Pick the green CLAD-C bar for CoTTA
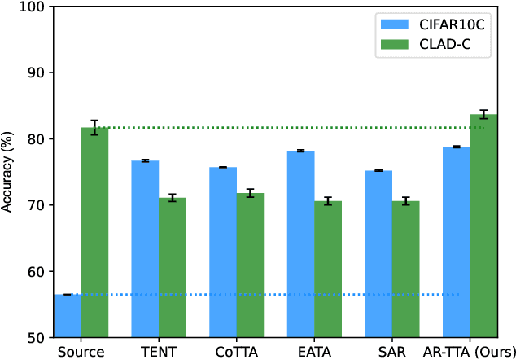pyautogui.click(x=250, y=265)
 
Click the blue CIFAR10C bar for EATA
pyautogui.click(x=300, y=244)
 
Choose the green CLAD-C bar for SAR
pyautogui.click(x=405, y=269)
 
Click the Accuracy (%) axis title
pyautogui.click(x=7, y=172)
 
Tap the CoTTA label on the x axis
pyautogui.click(x=236, y=352)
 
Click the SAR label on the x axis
pyautogui.click(x=391, y=352)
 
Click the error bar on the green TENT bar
pyautogui.click(x=173, y=198)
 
